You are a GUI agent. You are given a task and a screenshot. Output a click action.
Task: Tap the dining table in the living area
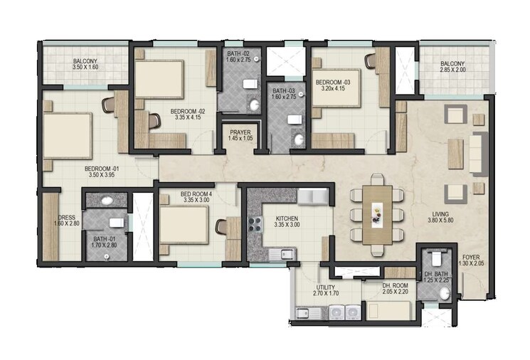point(376,213)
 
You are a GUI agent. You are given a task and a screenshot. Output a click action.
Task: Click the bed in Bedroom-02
point(160,78)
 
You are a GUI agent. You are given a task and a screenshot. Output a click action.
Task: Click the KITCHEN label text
point(283,218)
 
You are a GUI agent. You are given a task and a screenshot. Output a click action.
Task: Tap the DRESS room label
point(67,218)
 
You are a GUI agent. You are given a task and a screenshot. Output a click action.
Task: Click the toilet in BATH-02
point(250,84)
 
